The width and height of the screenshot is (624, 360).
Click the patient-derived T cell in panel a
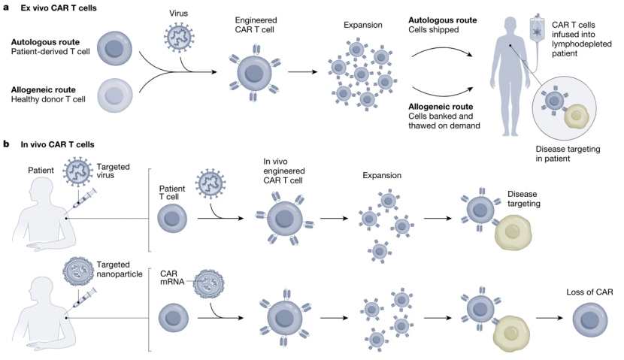114,49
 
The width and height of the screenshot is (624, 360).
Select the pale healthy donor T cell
114,95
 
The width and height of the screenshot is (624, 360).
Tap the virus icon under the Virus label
179,37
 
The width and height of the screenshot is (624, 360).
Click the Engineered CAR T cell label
256,25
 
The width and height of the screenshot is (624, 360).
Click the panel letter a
6,7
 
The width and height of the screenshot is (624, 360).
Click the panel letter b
6,144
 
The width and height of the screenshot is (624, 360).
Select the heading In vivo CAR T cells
57,144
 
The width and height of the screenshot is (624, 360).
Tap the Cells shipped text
433,30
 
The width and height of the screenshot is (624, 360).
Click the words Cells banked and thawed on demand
444,121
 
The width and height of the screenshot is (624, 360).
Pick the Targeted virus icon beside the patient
78,171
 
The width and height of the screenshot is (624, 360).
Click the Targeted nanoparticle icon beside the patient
78,271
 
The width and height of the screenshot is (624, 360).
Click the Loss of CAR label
589,292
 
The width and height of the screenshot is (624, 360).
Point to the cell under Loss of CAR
589,320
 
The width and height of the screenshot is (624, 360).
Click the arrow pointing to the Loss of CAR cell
550,318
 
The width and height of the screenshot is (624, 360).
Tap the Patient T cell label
172,192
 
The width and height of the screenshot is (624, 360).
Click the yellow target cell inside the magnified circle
576,116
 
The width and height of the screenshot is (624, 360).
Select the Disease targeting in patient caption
568,153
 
